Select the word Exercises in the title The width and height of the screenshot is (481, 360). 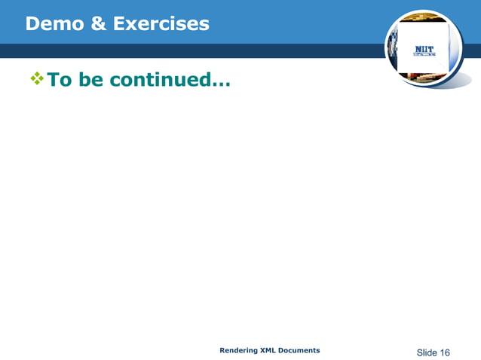click(161, 24)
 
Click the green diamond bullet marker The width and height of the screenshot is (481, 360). click(35, 78)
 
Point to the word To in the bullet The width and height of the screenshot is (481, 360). click(60, 79)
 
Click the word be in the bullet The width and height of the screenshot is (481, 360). click(90, 79)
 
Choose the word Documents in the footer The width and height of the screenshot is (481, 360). click(302, 350)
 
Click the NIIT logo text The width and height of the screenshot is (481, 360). click(423, 50)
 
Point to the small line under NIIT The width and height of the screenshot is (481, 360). click(423, 56)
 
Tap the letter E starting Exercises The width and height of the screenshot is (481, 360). click(119, 24)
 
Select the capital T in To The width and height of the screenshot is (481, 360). click(54, 79)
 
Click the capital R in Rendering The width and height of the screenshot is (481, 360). click(222, 350)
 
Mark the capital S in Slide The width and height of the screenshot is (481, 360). click(420, 352)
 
